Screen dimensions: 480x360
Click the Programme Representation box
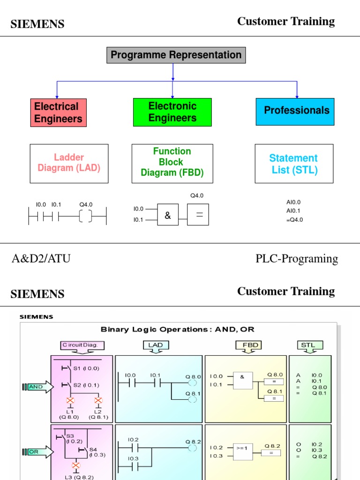pyautogui.click(x=176, y=55)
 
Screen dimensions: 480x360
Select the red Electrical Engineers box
pyautogui.click(x=59, y=112)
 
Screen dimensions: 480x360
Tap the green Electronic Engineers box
pyautogui.click(x=172, y=112)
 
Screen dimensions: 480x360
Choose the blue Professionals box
pyautogui.click(x=295, y=112)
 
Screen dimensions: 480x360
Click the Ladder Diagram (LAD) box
pyautogui.click(x=69, y=163)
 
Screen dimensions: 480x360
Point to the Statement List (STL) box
pyautogui.click(x=294, y=164)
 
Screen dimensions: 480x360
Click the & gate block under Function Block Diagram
pyautogui.click(x=167, y=215)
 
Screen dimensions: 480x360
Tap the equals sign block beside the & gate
pyautogui.click(x=198, y=215)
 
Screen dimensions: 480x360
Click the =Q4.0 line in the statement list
pyautogui.click(x=294, y=219)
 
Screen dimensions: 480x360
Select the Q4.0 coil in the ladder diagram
pyautogui.click(x=86, y=216)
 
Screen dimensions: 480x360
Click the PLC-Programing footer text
pyautogui.click(x=296, y=259)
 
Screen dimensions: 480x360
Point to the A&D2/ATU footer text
pyautogui.click(x=41, y=258)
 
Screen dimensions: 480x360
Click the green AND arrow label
pyautogui.click(x=36, y=387)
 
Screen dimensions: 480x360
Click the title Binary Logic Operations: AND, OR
pyautogui.click(x=178, y=329)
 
